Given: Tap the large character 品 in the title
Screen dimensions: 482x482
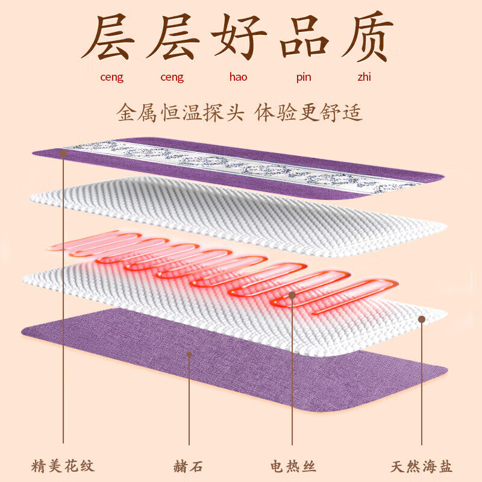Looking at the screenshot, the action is [x=304, y=36].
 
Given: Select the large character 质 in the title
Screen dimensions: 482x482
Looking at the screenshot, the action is [x=368, y=36].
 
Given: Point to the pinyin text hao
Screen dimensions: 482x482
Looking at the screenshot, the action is [x=238, y=77].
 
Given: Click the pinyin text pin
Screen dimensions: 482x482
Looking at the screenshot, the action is [x=304, y=78].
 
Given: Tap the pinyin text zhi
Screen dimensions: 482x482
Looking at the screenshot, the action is [x=365, y=77].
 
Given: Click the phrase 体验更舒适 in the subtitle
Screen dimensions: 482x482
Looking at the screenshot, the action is [x=308, y=113].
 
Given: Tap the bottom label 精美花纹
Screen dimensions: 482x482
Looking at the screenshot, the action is [x=63, y=466].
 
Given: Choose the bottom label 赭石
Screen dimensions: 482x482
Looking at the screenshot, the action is [x=189, y=466].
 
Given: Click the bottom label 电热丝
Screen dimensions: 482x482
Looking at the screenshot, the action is [x=293, y=466].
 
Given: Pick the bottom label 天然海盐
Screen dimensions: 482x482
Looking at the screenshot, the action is [x=421, y=466].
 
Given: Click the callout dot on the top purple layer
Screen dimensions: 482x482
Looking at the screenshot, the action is [x=63, y=154].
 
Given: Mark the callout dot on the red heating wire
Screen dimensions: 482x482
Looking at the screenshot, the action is [x=292, y=295].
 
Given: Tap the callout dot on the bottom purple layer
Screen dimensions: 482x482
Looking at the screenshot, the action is [x=189, y=355].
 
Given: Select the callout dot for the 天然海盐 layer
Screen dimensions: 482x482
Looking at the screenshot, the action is [x=422, y=319].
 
